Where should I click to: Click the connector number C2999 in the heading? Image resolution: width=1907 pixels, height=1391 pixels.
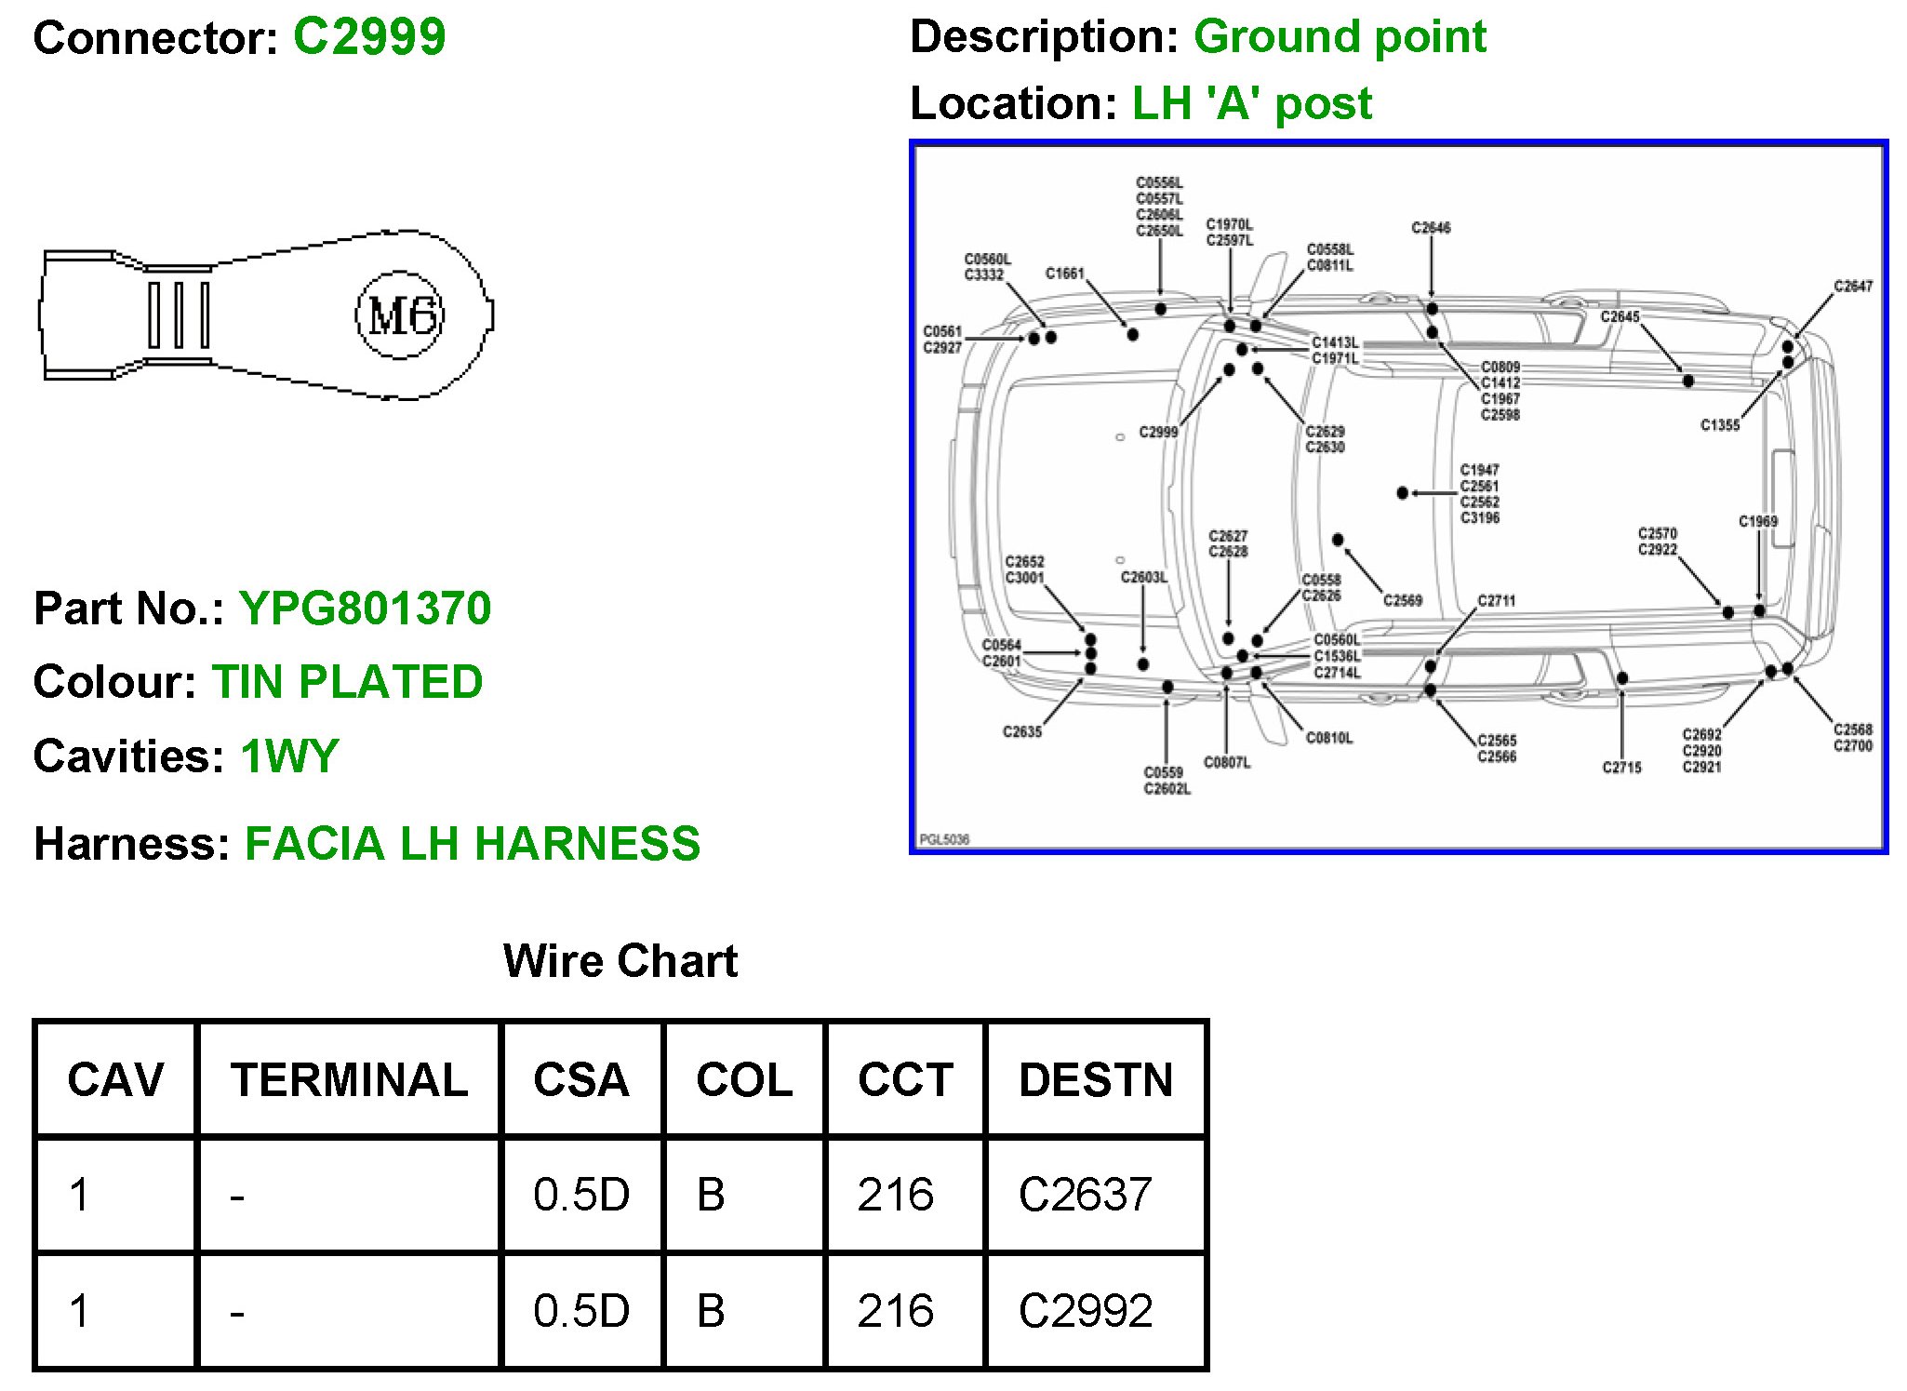coord(369,38)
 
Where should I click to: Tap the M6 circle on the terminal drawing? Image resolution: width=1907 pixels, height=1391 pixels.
coord(401,315)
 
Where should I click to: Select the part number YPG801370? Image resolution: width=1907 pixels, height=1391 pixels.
coord(365,609)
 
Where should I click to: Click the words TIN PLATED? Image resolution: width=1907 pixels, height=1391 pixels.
coord(347,682)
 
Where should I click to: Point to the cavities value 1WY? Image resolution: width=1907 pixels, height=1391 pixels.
coord(289,756)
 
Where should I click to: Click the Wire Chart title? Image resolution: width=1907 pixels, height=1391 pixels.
coord(620,960)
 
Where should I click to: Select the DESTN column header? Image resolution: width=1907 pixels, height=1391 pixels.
coord(1095,1080)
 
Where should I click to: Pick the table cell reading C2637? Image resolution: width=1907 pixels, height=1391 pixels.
coord(1085,1195)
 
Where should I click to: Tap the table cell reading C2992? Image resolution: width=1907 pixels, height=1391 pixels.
coord(1085,1311)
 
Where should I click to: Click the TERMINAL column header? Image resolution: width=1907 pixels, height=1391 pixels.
coord(349,1080)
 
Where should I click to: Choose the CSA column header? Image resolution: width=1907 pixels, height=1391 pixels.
coord(580,1080)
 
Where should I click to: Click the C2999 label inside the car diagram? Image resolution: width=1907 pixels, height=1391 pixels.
coord(1158,432)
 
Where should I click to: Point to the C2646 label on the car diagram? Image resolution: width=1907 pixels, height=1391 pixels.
coord(1431,228)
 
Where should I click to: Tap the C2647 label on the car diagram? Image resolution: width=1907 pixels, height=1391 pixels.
coord(1852,287)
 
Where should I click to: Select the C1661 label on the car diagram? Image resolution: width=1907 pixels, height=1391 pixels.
coord(1064,274)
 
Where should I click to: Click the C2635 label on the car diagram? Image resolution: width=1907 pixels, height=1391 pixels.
coord(1021,732)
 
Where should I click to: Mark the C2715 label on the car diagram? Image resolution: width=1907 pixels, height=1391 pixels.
coord(1621,768)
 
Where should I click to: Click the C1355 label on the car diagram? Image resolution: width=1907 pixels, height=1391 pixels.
coord(1719,425)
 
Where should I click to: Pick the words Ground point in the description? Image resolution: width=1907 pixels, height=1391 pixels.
coord(1340,38)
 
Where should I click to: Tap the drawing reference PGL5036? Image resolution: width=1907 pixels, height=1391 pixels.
coord(944,839)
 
